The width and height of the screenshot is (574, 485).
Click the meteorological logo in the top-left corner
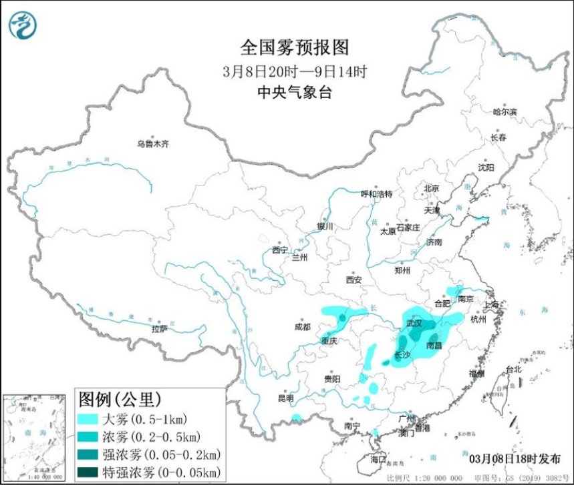[23, 25]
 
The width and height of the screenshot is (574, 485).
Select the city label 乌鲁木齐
[154, 143]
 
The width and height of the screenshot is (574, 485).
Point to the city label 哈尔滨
[505, 112]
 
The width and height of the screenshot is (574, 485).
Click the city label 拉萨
[159, 329]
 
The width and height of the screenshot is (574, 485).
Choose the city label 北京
[431, 188]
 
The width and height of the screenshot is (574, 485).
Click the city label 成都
[302, 327]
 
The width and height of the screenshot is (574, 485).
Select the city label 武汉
[414, 323]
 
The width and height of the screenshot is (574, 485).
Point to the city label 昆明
[285, 398]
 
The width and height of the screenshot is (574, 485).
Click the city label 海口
[378, 459]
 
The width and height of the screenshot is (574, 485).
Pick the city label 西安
[353, 280]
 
